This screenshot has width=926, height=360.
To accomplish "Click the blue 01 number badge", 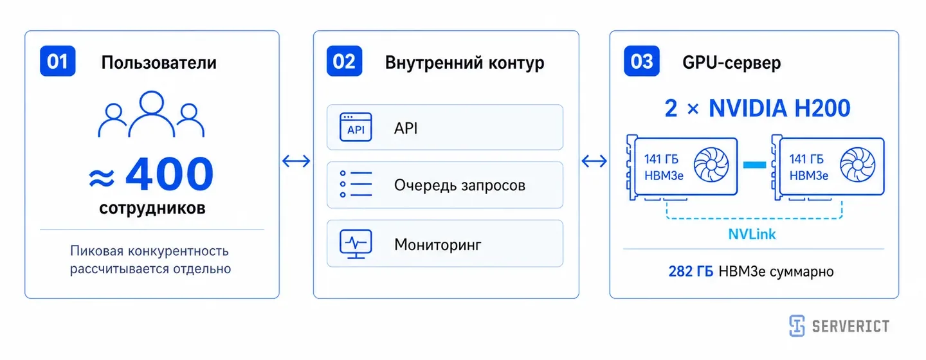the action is point(57,61).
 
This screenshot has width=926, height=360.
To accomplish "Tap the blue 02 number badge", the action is point(345,61).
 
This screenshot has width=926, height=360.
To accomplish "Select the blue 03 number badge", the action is point(642,61).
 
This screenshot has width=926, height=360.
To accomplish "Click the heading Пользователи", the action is point(159,63).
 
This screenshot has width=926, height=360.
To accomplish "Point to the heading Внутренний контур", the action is point(465,63).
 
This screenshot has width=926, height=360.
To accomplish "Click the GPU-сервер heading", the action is point(731,63).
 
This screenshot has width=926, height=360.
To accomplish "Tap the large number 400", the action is point(170,173).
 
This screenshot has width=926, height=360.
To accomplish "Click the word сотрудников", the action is point(152,208).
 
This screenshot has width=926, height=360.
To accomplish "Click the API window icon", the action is point(356,127).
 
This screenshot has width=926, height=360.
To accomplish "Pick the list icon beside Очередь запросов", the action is point(356,184).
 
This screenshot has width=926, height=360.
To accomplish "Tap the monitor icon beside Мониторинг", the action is point(356,244).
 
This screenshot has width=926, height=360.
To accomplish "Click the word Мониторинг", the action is point(438,245).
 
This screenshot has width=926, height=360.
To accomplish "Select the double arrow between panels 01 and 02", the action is point(296,161).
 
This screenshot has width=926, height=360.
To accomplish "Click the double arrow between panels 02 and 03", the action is point(594,161).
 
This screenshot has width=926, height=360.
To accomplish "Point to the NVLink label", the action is point(752,235).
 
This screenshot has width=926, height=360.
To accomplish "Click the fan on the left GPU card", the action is point(711,165).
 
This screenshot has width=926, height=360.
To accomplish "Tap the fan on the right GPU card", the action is point(858,165).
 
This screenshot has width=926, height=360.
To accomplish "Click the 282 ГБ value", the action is point(691,271).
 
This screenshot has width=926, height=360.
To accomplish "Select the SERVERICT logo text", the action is point(850,327).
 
